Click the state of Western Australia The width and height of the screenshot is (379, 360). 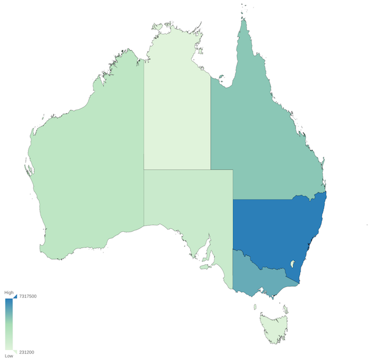pos(87,164)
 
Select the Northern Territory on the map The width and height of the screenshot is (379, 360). pos(176,109)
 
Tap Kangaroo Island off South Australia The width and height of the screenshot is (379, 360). pos(205,267)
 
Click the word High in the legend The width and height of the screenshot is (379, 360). pos(9,293)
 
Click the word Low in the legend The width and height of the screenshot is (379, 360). pos(9,356)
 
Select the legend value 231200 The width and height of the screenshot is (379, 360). pos(27,352)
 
